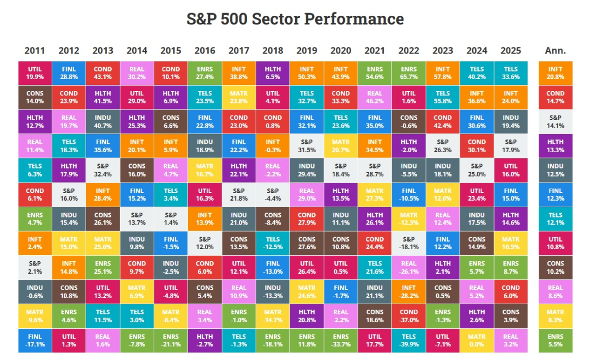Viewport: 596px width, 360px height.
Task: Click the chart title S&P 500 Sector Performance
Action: [294, 19]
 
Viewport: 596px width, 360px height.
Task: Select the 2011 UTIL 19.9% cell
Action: [35, 73]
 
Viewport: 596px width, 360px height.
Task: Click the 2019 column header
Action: [306, 51]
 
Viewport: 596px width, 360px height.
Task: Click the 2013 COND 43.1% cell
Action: [102, 73]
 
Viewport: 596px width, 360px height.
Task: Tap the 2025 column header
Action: [510, 51]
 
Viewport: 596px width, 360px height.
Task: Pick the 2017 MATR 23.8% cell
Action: [238, 97]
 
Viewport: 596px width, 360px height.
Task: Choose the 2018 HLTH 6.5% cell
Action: [272, 73]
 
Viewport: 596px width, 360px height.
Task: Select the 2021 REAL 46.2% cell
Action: [374, 97]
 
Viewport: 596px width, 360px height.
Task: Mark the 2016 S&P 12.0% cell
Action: [204, 243]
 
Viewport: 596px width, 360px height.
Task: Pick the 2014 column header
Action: [136, 51]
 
